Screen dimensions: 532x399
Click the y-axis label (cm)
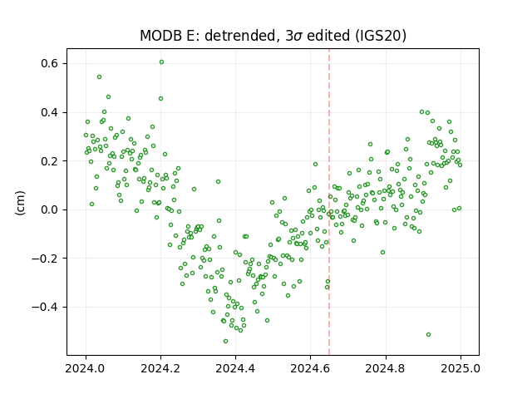point(20,203)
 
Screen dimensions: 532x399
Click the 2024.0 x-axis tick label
point(86,368)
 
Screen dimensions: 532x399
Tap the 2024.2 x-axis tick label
point(160,368)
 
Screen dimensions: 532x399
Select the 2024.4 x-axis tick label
point(235,368)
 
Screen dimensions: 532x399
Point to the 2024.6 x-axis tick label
point(310,368)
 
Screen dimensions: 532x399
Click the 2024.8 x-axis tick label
point(386,368)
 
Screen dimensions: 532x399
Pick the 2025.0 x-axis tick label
point(461,368)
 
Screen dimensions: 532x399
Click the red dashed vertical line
point(329,202)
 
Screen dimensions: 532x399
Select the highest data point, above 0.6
point(161,62)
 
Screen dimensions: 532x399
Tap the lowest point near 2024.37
point(225,341)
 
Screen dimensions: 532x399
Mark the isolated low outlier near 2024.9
point(429,334)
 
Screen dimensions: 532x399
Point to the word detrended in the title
point(240,36)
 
